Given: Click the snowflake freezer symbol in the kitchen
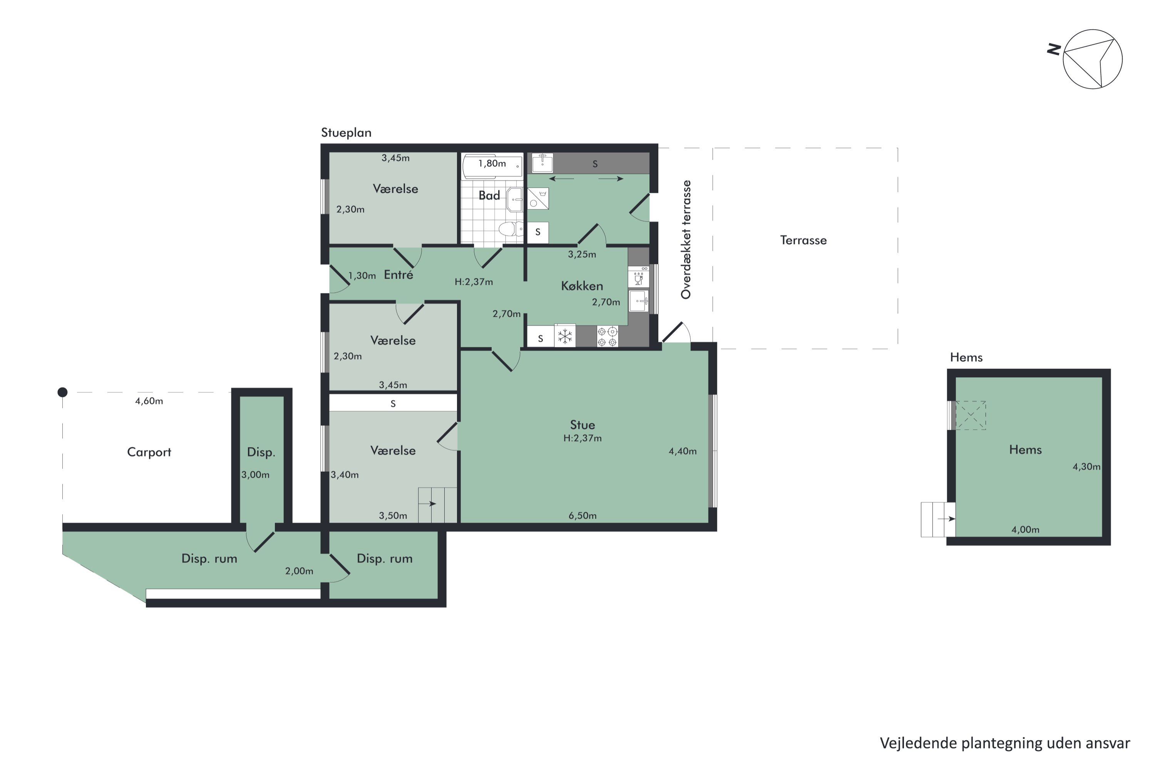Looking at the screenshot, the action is click(565, 336).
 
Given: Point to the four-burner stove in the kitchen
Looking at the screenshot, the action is click(608, 336).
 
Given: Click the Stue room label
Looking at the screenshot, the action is click(583, 425).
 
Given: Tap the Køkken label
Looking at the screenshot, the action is click(582, 286).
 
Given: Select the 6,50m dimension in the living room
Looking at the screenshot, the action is click(583, 516).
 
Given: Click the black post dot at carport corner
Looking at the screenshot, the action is click(62, 392).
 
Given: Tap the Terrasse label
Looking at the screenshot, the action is click(803, 240).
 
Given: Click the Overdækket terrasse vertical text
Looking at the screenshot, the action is click(686, 239).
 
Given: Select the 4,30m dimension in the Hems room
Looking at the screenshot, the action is click(1086, 467).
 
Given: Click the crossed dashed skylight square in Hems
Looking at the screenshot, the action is click(970, 415).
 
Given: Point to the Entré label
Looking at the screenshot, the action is click(398, 275).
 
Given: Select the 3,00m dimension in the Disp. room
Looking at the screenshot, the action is click(255, 475).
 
